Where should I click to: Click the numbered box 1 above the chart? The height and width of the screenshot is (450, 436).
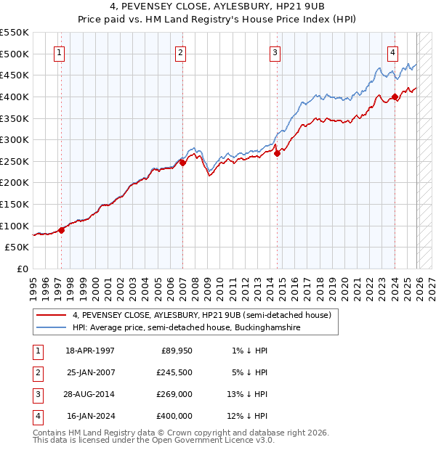[58, 52]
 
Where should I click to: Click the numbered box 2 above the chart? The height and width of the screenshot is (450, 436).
[179, 52]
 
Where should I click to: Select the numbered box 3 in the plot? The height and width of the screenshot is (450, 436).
[275, 52]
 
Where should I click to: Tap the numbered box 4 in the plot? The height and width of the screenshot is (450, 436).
[392, 52]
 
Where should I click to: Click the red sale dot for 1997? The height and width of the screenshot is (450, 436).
[61, 230]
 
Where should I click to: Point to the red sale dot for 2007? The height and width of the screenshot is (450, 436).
[182, 163]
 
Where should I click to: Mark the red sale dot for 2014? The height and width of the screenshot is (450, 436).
[277, 153]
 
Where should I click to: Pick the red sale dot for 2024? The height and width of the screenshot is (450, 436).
[395, 97]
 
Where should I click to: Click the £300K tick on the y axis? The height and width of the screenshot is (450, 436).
[15, 139]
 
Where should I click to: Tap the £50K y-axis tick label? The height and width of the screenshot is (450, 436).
[17, 247]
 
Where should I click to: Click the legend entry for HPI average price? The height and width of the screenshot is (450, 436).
[186, 328]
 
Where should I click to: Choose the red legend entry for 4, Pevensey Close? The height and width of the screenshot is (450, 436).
[201, 315]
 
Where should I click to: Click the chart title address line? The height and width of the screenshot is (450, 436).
[218, 8]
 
